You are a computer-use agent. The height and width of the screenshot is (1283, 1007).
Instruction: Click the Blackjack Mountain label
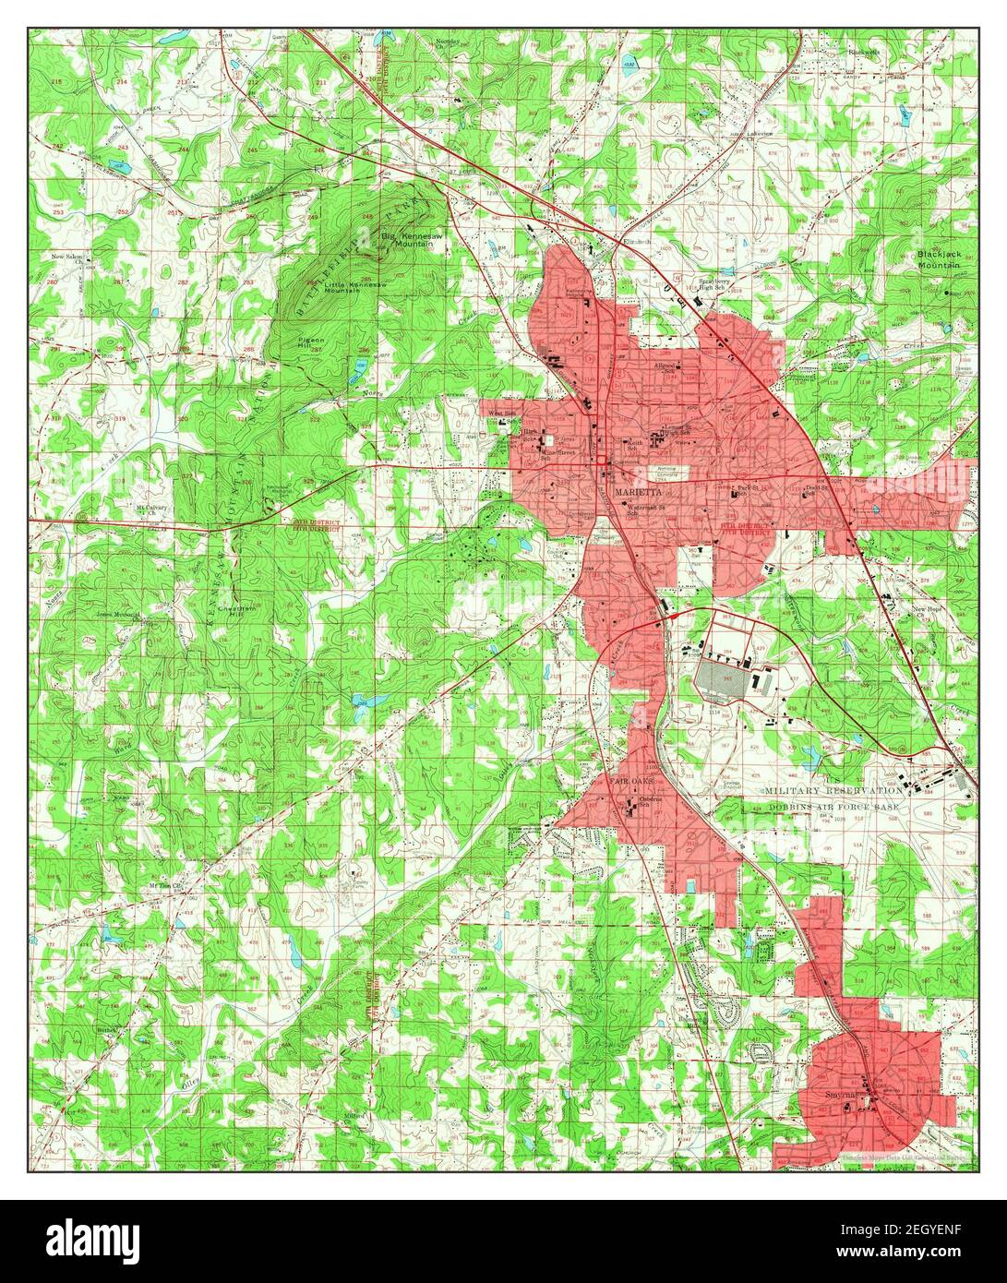point(940,259)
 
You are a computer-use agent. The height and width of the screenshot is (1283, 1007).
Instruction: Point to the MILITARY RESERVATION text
point(834,791)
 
